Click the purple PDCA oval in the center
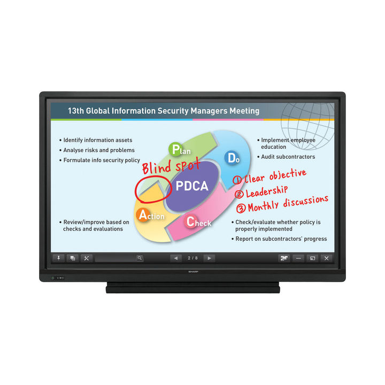[x=192, y=186]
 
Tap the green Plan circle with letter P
[x=175, y=149]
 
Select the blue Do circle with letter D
[x=231, y=158]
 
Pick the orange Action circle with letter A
[x=143, y=215]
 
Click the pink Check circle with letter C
[x=190, y=221]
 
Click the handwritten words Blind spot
[x=171, y=165]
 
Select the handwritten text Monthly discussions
[x=288, y=204]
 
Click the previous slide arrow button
[x=176, y=258]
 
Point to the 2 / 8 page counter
[x=192, y=258]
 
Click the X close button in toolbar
[x=326, y=258]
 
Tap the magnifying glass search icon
[x=140, y=258]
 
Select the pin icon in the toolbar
[x=58, y=258]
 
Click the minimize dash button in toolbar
[x=298, y=258]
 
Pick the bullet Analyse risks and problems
[x=97, y=150]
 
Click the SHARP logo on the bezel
[x=193, y=272]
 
